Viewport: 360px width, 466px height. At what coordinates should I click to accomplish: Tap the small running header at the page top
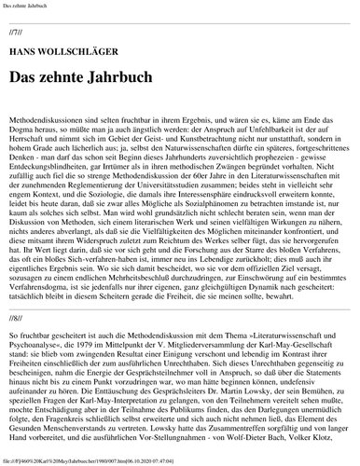[x=28, y=7]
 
